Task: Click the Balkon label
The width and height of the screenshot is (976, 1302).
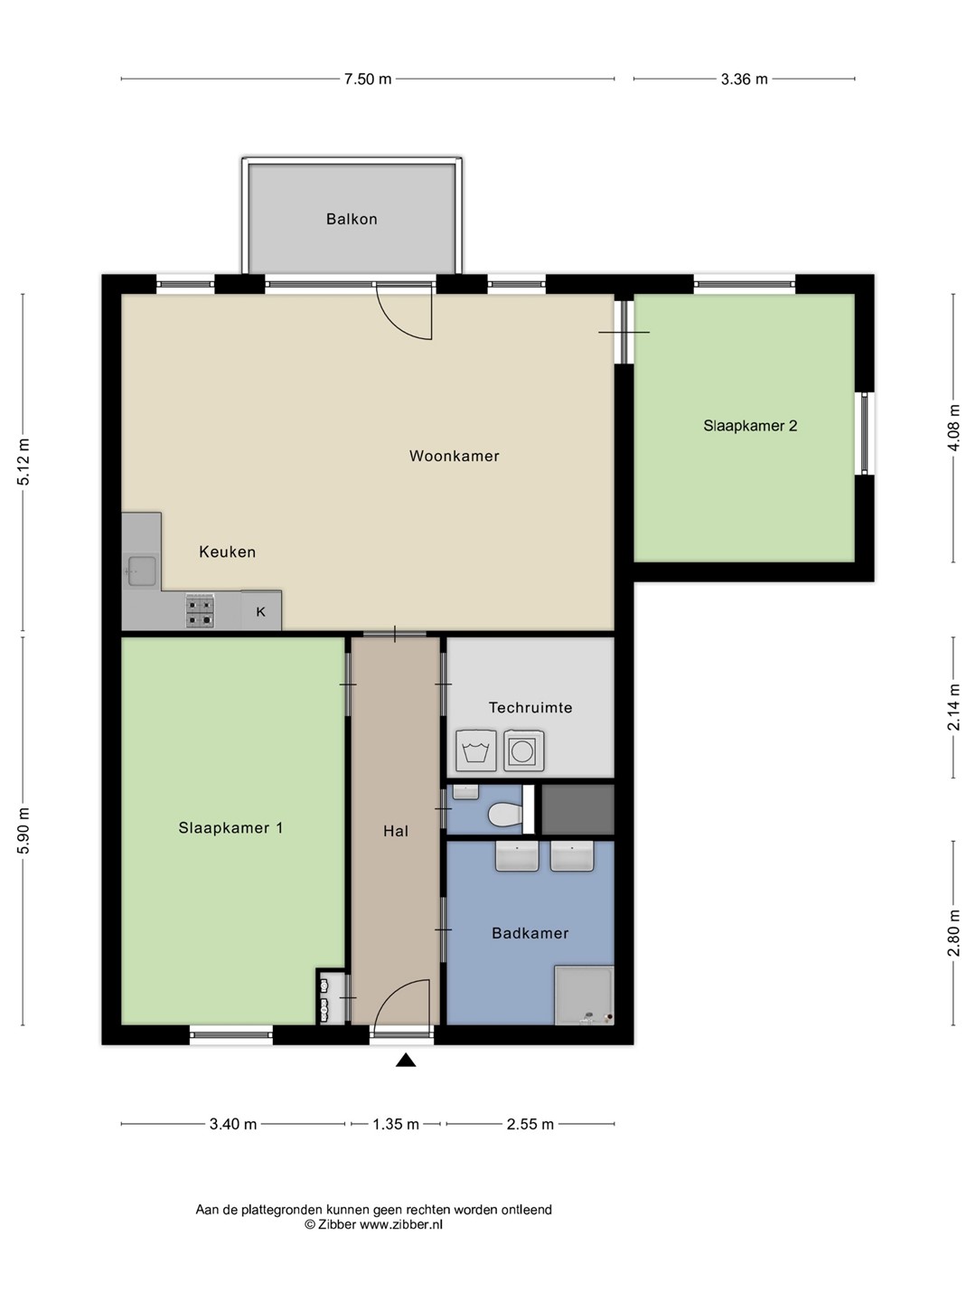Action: coord(352,219)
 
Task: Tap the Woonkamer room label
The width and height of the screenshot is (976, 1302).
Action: coord(454,456)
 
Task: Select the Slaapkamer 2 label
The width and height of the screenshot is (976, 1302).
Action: coord(750,425)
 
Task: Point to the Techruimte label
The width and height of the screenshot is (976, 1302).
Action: coord(530,707)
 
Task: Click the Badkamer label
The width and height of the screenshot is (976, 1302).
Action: coord(530,933)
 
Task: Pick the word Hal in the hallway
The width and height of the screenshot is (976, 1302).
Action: coord(395,831)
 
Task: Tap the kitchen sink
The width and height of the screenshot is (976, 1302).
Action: coord(142,571)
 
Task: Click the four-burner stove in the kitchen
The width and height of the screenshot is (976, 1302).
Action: coord(200,611)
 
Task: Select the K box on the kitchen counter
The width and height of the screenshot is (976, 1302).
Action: coord(261,611)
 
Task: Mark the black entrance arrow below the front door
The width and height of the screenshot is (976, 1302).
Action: coord(406,1060)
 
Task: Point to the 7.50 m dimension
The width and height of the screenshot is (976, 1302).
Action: coord(368,79)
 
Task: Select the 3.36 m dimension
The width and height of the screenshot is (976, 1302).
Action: coord(745,79)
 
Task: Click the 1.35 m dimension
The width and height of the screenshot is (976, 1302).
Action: coord(396,1124)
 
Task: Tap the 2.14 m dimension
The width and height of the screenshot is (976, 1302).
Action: coord(953,707)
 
